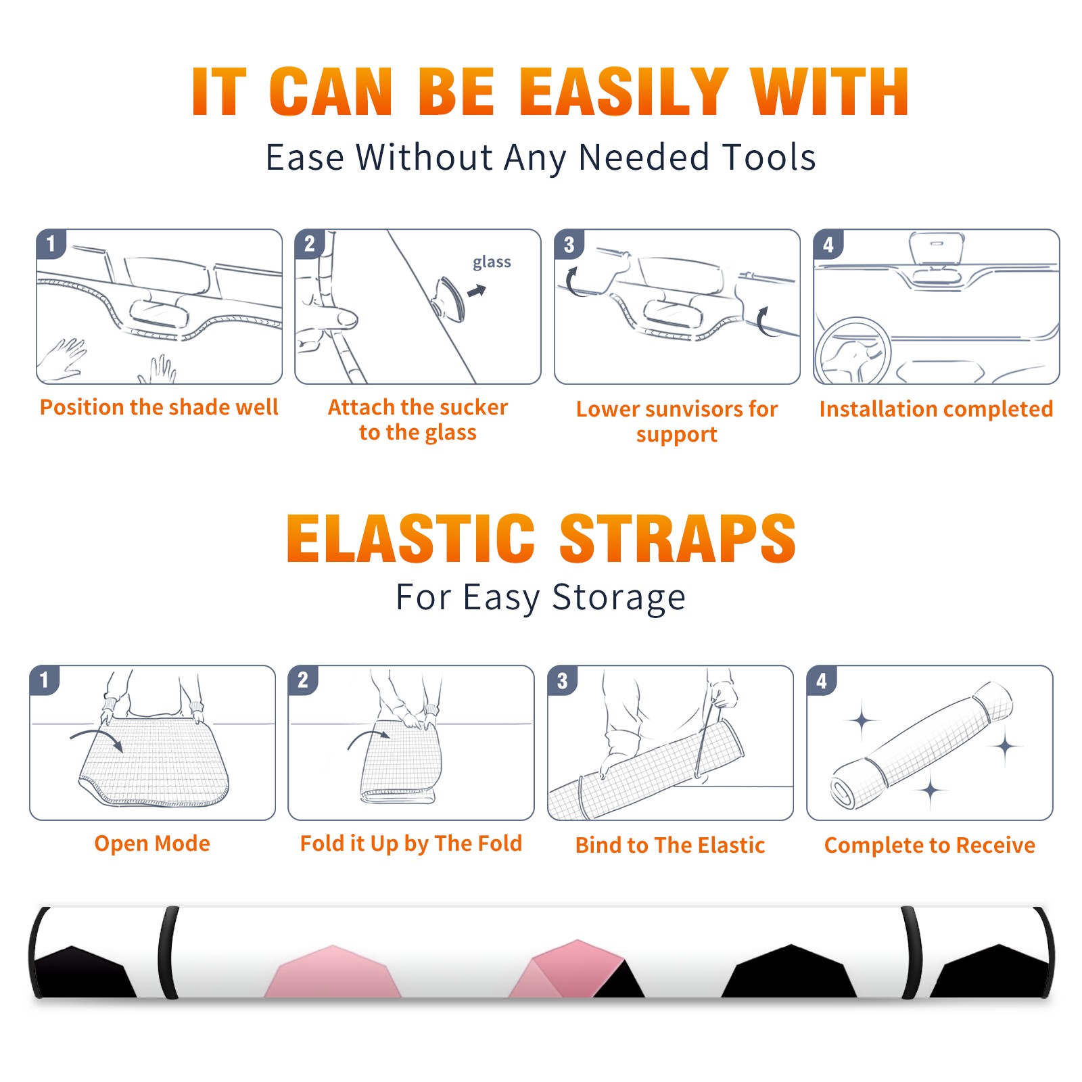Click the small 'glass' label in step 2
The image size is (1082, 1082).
coord(492,262)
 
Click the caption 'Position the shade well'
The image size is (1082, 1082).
coord(159,407)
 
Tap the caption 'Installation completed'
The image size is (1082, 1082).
coord(936,408)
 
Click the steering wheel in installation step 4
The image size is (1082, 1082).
coord(853,351)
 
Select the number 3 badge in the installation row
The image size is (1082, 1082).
coord(569,244)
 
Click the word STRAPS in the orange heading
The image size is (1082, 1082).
coord(678,538)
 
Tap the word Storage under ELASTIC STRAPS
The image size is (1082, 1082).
coord(619,598)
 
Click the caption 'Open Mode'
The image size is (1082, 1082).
coord(152,843)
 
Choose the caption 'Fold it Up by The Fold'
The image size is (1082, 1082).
coord(411,844)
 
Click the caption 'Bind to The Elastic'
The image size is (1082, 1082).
coord(670,845)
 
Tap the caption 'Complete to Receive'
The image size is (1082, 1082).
coord(930,845)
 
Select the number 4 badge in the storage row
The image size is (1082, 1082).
coord(822,680)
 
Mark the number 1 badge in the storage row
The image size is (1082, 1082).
coord(45,680)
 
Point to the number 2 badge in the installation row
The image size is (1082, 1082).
coord(310,244)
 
